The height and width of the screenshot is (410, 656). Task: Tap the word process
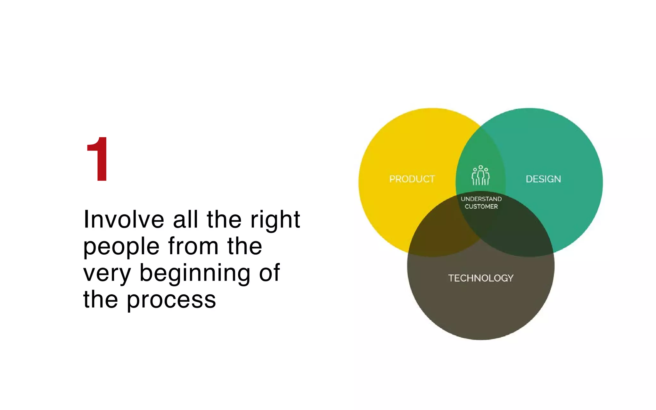pyautogui.click(x=171, y=300)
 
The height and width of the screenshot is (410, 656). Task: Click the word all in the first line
pyautogui.click(x=185, y=220)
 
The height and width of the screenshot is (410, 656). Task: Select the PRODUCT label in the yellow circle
pyautogui.click(x=412, y=179)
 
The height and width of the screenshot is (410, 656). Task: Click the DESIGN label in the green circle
pyautogui.click(x=543, y=179)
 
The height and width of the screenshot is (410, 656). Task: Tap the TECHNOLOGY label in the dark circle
pyautogui.click(x=480, y=278)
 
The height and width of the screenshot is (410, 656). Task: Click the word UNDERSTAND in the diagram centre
pyautogui.click(x=481, y=199)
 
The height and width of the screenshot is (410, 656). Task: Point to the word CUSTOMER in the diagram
pyautogui.click(x=481, y=207)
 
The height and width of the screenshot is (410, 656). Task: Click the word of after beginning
pyautogui.click(x=269, y=273)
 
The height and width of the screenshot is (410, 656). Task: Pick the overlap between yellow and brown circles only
pyautogui.click(x=439, y=234)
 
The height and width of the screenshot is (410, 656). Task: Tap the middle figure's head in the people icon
pyautogui.click(x=480, y=167)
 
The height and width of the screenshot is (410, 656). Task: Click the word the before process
pyautogui.click(x=101, y=300)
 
